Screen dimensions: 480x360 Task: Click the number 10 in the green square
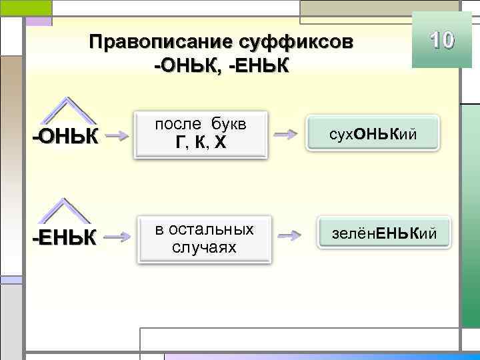tap(437, 41)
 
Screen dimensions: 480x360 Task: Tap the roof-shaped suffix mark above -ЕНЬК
tap(65, 211)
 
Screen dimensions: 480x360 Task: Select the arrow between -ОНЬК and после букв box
tap(118, 137)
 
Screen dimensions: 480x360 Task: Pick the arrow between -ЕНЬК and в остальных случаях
tap(118, 236)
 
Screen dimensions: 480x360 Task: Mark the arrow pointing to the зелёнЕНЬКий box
tap(289, 235)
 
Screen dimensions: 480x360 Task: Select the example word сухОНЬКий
tap(373, 134)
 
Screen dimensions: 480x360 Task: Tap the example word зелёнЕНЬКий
tap(383, 233)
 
